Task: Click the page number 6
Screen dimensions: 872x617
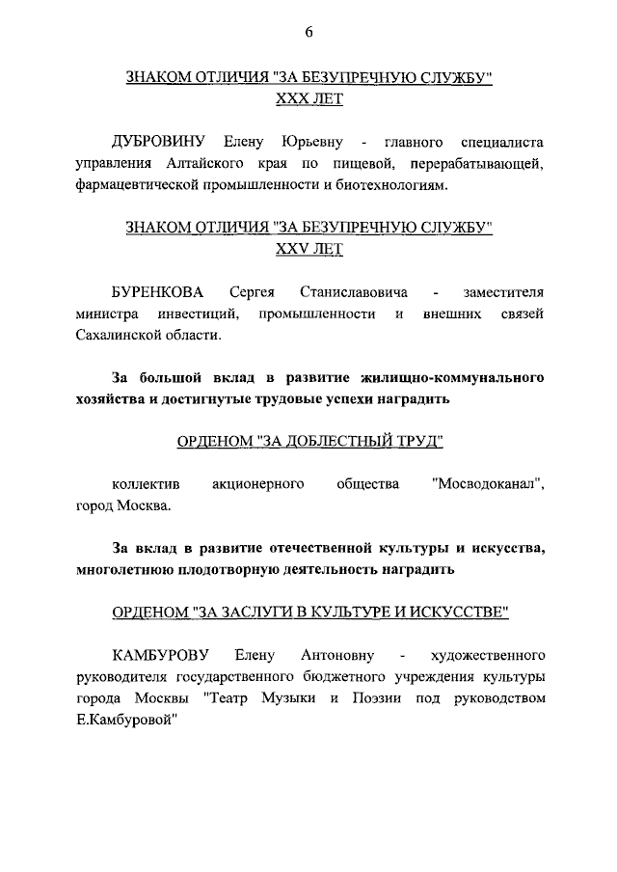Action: (x=308, y=32)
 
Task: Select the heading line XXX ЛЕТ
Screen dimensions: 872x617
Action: (x=308, y=99)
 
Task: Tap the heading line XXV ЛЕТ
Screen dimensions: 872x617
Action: (x=308, y=249)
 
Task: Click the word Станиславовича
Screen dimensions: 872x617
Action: (x=354, y=291)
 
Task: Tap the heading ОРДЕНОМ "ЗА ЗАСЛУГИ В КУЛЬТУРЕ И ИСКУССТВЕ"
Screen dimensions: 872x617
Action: (x=308, y=612)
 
